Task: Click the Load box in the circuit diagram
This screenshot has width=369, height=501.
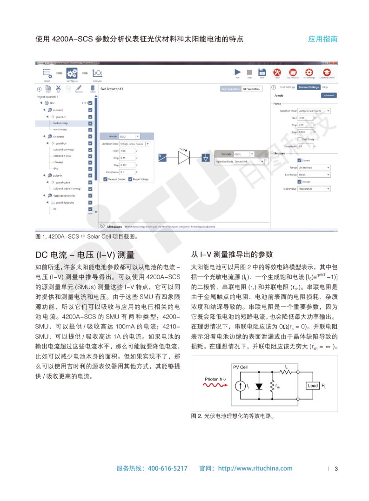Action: click(312, 386)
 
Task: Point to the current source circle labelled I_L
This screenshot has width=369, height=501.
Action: click(241, 386)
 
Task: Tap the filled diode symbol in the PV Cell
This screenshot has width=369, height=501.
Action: click(259, 386)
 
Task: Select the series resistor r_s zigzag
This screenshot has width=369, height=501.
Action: click(287, 371)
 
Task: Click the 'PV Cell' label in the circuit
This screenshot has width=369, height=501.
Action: click(241, 367)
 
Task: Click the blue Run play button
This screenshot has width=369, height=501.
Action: click(237, 72)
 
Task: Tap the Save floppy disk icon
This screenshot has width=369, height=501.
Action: click(262, 72)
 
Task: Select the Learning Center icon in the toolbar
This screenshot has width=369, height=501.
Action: click(327, 72)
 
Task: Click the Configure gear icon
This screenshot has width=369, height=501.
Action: click(72, 73)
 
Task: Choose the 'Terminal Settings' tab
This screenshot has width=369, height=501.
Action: click(309, 87)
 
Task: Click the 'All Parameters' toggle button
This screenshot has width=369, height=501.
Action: click(252, 88)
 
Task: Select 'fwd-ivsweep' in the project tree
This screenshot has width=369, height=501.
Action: click(60, 123)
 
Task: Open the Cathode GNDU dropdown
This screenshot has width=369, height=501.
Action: click(252, 154)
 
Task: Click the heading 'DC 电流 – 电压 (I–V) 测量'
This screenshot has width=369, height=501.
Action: click(85, 255)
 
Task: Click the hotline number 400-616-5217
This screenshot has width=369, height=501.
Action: click(168, 468)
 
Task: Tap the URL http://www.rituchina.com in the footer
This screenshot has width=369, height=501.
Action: click(255, 468)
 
